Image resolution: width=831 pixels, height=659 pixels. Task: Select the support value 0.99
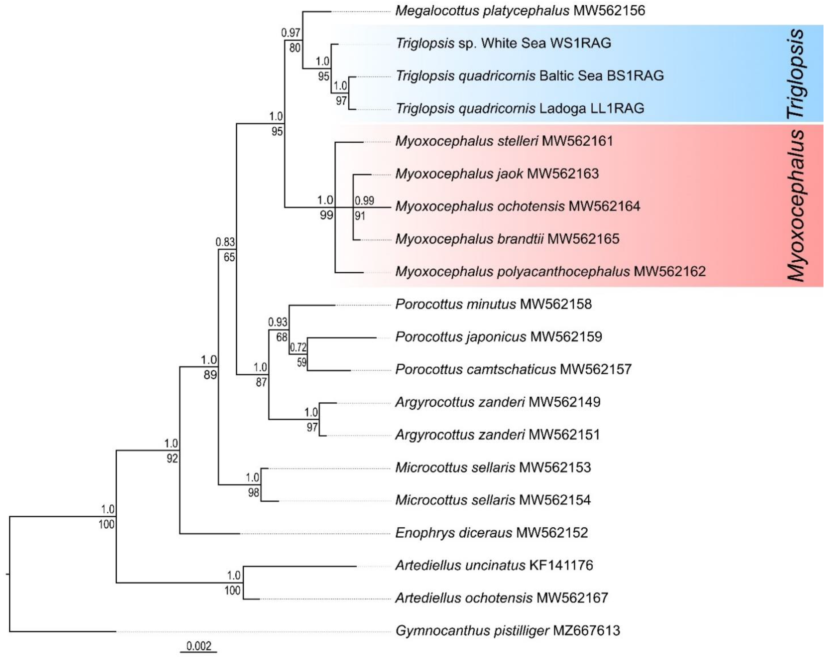pos(364,201)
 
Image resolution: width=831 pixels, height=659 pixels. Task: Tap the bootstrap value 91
pos(360,216)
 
